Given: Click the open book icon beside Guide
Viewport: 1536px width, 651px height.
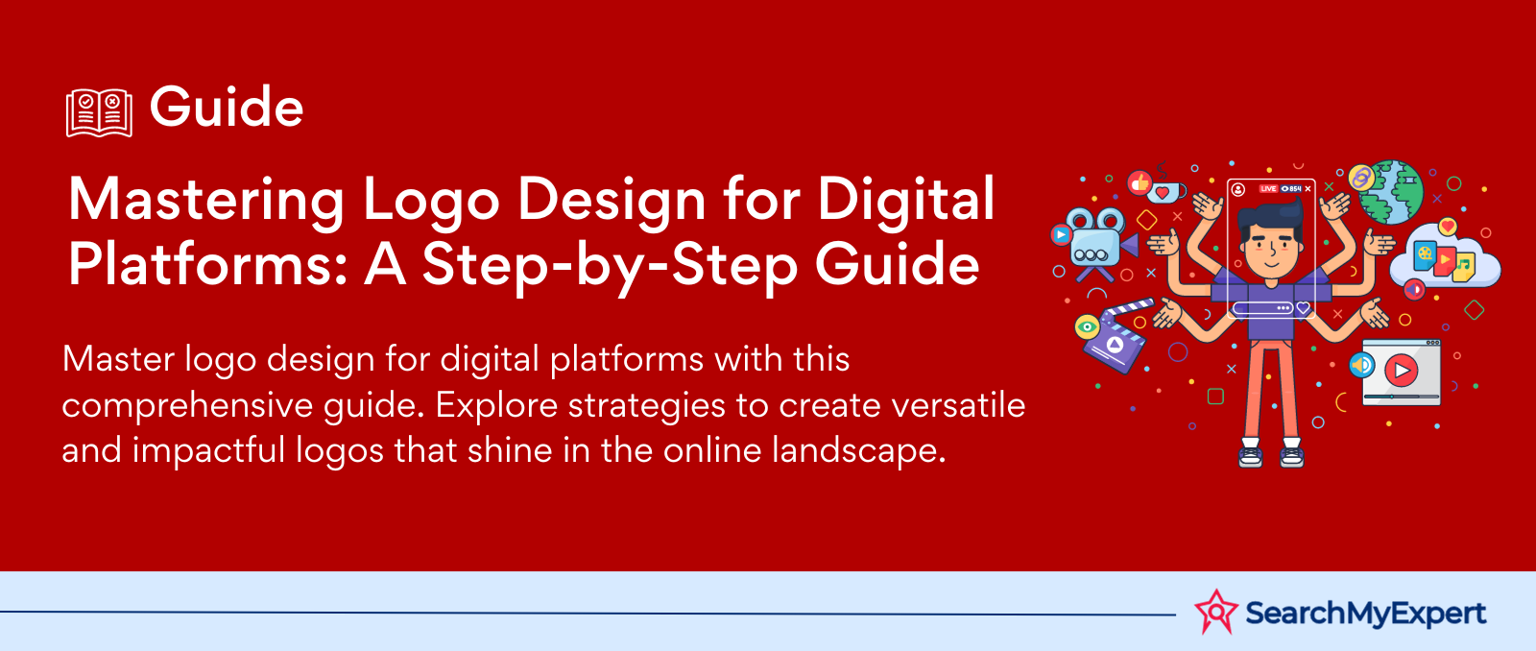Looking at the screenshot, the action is [100, 112].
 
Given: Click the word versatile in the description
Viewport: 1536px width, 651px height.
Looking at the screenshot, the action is [958, 405].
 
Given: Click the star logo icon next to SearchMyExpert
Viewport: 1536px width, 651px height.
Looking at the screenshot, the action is [1215, 612].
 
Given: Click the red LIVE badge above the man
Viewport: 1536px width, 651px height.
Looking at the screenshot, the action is [1268, 188].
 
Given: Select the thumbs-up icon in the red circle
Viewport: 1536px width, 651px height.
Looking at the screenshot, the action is [1139, 182].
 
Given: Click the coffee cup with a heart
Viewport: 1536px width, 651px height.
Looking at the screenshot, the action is [1166, 191].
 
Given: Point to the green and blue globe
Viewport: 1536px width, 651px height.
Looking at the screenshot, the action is [1391, 193].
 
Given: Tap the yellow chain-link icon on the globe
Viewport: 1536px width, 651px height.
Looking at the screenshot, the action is [1360, 179].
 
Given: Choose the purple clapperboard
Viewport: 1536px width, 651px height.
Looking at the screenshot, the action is [1115, 337].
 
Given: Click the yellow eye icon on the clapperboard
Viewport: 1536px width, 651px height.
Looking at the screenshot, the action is [1087, 326].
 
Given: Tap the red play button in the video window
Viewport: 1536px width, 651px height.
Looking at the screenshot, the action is [1401, 371].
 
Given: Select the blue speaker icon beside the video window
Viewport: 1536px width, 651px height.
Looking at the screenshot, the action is [1362, 365].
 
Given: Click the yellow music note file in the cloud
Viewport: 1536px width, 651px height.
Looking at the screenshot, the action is [1463, 266].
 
